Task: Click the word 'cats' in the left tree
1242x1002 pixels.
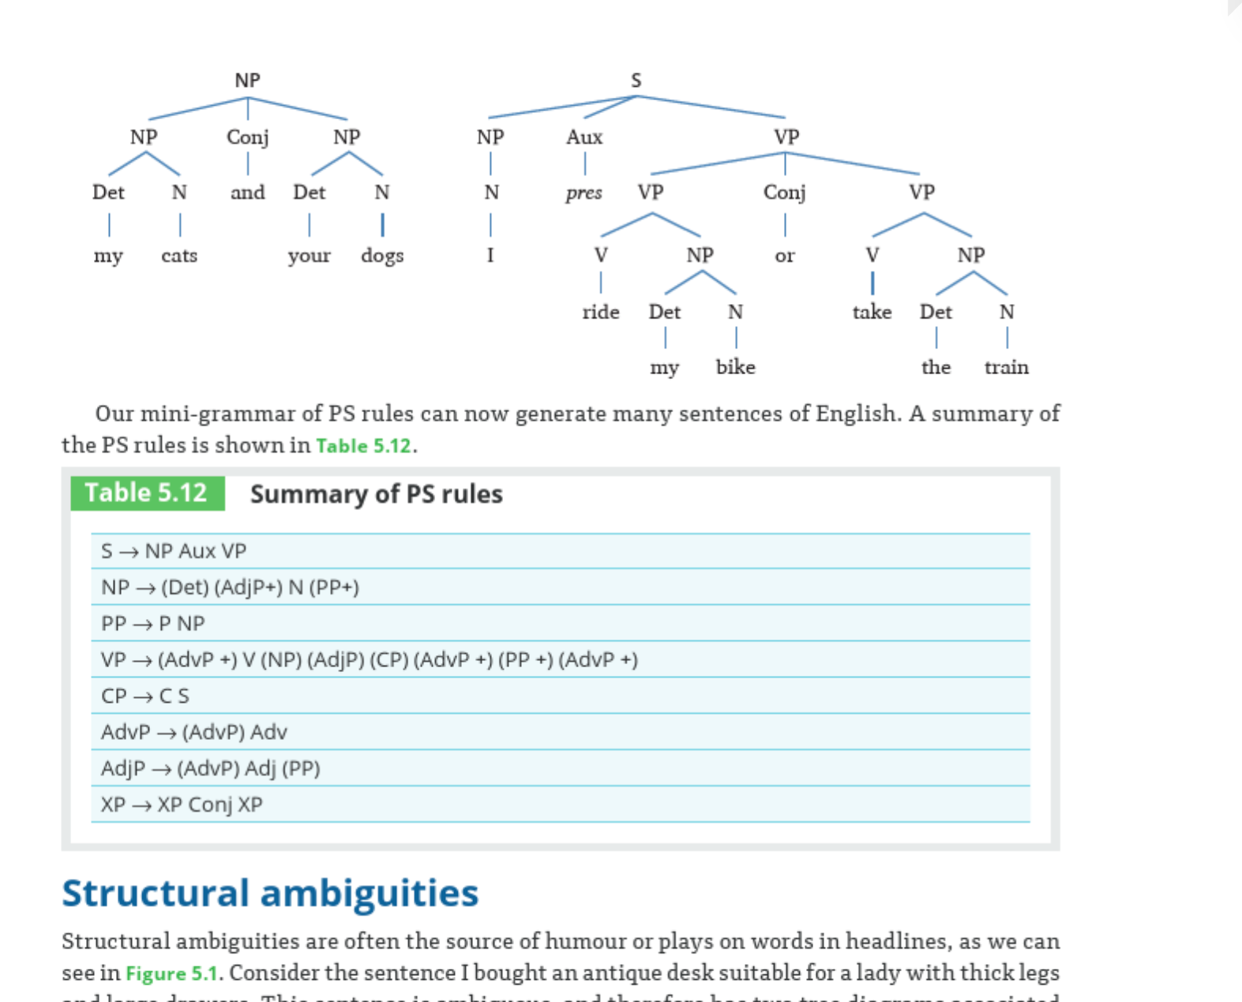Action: [179, 256]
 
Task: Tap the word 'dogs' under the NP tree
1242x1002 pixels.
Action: [382, 256]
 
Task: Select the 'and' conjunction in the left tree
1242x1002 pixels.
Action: [247, 193]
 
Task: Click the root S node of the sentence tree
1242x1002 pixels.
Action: [636, 81]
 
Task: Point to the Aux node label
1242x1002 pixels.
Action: [584, 137]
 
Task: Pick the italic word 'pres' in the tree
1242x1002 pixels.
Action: [583, 193]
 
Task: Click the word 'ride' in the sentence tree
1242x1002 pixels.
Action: [601, 313]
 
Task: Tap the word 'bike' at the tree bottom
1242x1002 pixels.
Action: [735, 367]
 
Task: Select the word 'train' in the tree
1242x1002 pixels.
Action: [1006, 367]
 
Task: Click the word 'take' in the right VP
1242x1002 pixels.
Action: [872, 313]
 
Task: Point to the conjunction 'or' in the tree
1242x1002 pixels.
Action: [784, 256]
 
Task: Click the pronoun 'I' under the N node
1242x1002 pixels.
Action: [490, 255]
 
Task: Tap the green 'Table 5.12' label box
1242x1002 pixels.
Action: [147, 493]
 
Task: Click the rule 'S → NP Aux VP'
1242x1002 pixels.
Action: [174, 551]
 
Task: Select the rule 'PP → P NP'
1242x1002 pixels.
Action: [153, 624]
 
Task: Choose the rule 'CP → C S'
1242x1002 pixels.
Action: [145, 696]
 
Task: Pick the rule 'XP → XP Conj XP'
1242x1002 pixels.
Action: [182, 805]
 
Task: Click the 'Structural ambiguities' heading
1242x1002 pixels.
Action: [270, 894]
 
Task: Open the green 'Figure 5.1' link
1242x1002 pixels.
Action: [171, 974]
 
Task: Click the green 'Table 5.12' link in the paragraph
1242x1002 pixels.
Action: [363, 446]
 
